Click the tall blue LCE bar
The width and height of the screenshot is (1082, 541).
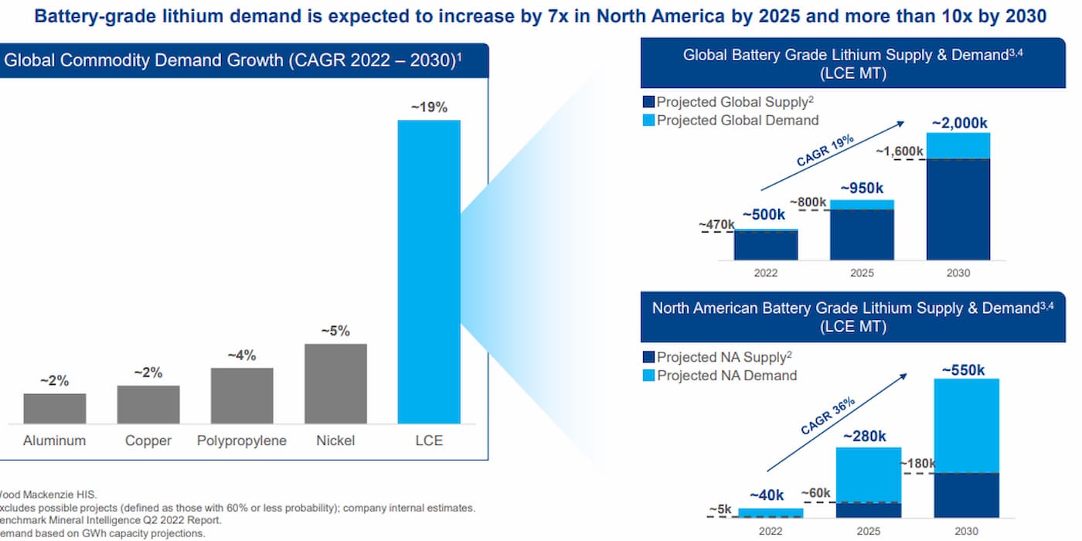click(429, 270)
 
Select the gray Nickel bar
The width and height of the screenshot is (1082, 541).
click(335, 383)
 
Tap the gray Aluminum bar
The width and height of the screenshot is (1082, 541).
click(55, 408)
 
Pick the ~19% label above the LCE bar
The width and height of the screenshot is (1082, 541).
click(429, 107)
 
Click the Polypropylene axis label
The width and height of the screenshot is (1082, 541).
click(242, 441)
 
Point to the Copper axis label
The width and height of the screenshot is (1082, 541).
click(148, 441)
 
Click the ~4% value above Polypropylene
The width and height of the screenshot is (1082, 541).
click(242, 356)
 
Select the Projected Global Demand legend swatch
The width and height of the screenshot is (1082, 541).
click(648, 121)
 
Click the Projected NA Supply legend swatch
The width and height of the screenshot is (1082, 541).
click(648, 357)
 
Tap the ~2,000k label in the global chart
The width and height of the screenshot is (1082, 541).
click(959, 123)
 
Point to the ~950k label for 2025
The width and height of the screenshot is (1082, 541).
click(862, 189)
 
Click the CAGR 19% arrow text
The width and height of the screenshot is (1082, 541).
click(825, 151)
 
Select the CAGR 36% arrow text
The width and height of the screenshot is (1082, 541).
click(828, 417)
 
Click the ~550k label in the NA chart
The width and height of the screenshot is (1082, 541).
click(963, 369)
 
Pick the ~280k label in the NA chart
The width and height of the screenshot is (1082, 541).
click(869, 437)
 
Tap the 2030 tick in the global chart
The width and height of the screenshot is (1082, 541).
click(958, 273)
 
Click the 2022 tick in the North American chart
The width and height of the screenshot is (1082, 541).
click(771, 531)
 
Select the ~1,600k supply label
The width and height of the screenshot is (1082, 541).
click(900, 151)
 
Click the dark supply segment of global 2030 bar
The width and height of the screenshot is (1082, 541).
click(958, 209)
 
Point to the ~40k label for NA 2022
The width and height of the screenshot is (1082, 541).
click(767, 495)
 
